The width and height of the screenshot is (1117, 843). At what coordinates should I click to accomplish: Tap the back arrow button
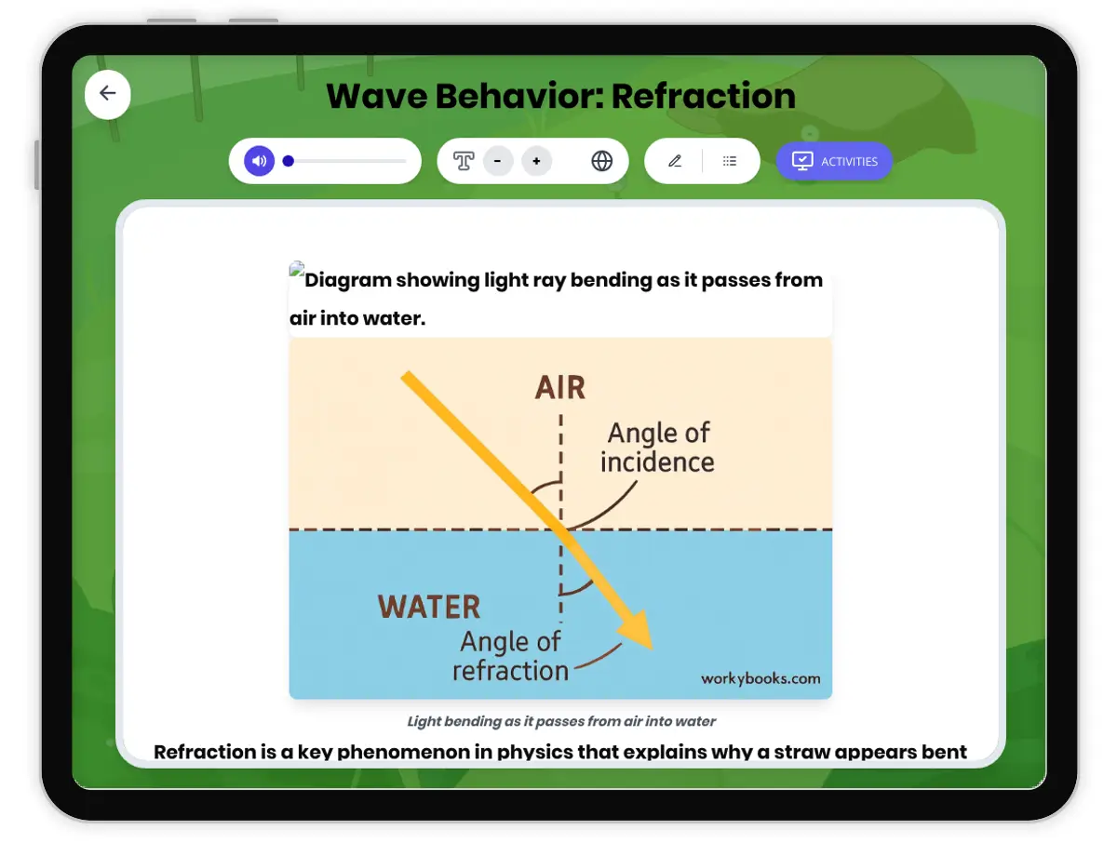pyautogui.click(x=108, y=93)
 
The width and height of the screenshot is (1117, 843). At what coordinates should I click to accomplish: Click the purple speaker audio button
pyautogui.click(x=260, y=161)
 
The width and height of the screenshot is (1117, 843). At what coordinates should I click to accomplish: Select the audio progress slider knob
pyautogui.click(x=289, y=161)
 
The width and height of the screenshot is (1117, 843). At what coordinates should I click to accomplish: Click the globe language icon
pyautogui.click(x=602, y=161)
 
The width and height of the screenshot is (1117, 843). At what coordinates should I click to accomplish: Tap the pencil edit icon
pyautogui.click(x=675, y=161)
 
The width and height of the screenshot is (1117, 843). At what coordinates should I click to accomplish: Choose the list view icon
pyautogui.click(x=730, y=161)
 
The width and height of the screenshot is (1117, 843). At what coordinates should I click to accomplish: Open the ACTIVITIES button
pyautogui.click(x=834, y=161)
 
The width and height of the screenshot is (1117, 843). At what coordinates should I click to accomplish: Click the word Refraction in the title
pyautogui.click(x=703, y=96)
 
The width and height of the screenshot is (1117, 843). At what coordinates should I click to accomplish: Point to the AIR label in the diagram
pyautogui.click(x=560, y=387)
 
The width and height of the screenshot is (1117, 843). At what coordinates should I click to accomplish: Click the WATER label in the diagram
pyautogui.click(x=429, y=608)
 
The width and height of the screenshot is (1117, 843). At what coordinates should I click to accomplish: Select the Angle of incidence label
pyautogui.click(x=657, y=448)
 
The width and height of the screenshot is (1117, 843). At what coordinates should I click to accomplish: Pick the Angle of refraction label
pyautogui.click(x=511, y=656)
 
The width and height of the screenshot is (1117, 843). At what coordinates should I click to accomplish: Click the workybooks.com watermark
pyautogui.click(x=760, y=678)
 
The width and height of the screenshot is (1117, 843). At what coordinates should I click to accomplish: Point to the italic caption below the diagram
pyautogui.click(x=561, y=721)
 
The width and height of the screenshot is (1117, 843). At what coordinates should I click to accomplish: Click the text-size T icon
pyautogui.click(x=464, y=161)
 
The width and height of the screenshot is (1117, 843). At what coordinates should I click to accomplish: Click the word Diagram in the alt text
pyautogui.click(x=347, y=280)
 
